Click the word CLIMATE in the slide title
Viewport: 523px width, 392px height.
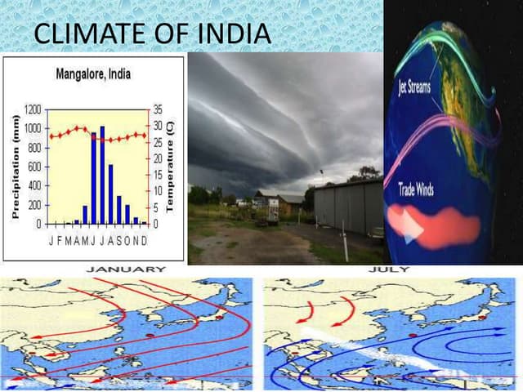[89, 34]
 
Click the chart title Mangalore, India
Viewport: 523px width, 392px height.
[92, 76]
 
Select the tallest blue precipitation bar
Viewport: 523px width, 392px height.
[102, 175]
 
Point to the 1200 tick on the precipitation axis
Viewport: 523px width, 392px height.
[33, 109]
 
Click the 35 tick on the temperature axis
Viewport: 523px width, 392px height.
[158, 109]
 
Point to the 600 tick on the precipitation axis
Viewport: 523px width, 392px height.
[35, 167]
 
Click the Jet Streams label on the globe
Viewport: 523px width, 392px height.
[415, 87]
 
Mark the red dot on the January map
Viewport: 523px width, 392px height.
[149, 335]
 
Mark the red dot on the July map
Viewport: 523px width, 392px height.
[413, 335]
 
